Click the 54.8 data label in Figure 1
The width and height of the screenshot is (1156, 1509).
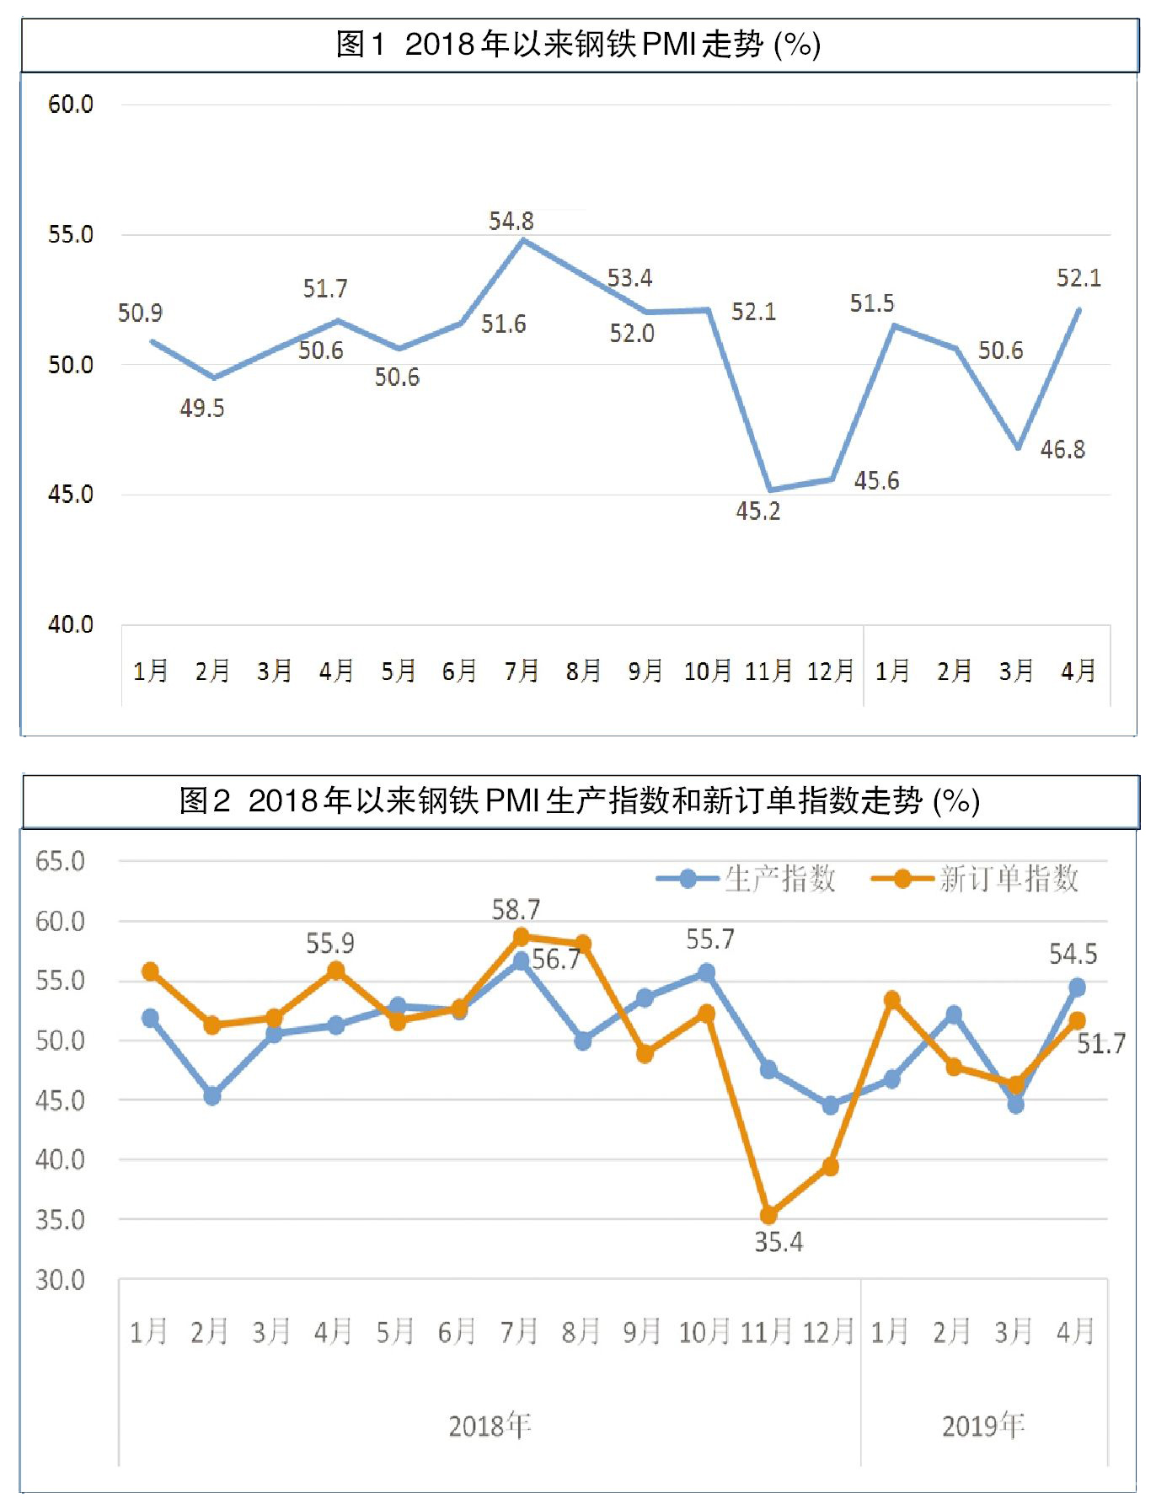coord(511,222)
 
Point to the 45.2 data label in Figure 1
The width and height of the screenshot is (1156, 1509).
coord(757,511)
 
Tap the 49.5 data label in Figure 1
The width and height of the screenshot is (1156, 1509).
coord(201,409)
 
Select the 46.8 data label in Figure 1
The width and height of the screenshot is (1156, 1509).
coord(1062,450)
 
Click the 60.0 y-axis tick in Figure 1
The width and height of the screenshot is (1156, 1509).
coord(70,104)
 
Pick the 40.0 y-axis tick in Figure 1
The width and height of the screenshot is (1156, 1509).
coord(70,625)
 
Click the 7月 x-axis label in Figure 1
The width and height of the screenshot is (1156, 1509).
coord(521,672)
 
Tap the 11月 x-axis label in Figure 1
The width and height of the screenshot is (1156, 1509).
coord(768,672)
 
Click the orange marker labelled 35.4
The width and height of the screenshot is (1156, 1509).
coord(768,1215)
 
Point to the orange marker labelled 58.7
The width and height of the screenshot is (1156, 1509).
coord(521,937)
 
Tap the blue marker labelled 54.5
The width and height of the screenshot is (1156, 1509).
coord(1077,987)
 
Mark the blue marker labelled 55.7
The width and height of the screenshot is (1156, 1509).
coord(707,973)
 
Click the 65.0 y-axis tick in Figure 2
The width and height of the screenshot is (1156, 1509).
coord(60,862)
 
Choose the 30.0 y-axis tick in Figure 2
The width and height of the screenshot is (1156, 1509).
coord(60,1281)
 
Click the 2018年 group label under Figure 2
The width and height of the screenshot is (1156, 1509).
coord(490,1426)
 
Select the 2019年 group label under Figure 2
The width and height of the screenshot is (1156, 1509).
coord(983,1426)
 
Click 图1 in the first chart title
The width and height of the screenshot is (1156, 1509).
coord(361,45)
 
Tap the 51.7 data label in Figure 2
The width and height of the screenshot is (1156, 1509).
coord(1101,1045)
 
